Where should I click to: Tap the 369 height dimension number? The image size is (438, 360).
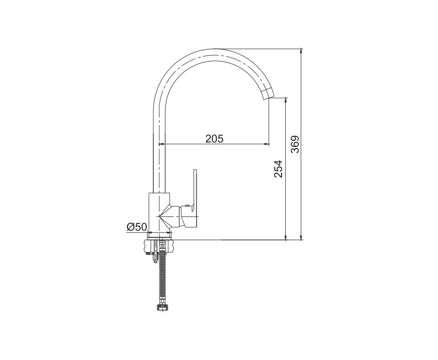295,144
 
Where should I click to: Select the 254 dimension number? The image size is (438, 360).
279,169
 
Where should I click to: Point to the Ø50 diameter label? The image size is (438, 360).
136,227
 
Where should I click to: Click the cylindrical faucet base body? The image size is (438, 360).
159,213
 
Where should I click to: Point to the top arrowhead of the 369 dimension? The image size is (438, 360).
301,52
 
